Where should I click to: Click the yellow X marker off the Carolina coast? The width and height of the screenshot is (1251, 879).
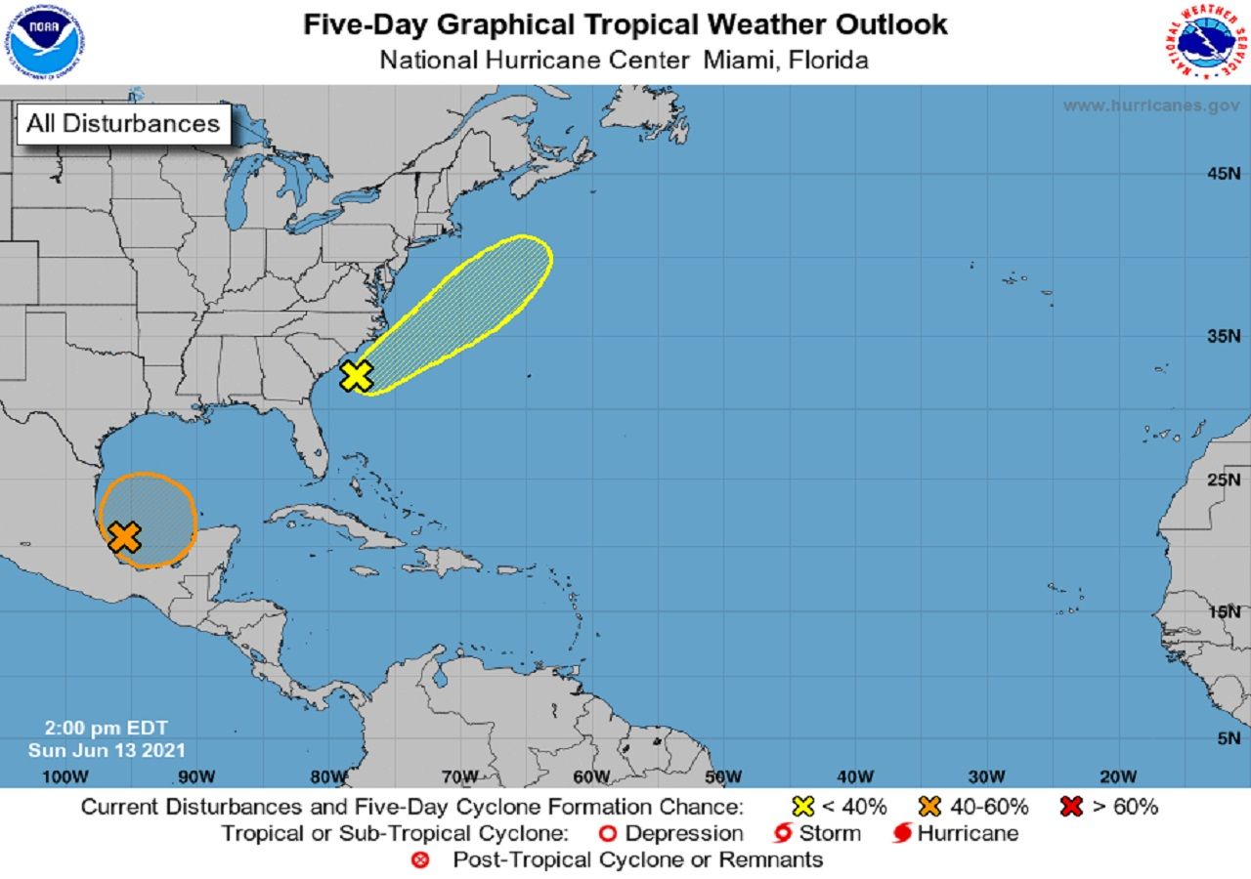click(357, 375)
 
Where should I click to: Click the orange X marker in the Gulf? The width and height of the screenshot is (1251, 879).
click(124, 536)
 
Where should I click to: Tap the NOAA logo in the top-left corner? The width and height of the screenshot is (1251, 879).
click(42, 41)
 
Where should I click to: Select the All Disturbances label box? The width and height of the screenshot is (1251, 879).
click(123, 124)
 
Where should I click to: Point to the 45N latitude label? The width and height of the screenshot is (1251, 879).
click(1222, 174)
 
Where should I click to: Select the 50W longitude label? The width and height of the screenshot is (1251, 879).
click(723, 776)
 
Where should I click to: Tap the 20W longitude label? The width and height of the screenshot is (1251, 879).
click(1118, 776)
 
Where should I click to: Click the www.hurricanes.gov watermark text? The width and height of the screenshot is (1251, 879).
click(1151, 105)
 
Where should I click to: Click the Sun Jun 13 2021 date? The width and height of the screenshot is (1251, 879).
click(107, 750)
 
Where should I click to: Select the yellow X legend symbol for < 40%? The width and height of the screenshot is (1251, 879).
click(803, 807)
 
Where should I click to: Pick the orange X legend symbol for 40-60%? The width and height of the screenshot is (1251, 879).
click(929, 807)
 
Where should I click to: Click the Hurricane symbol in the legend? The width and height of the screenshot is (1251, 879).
click(903, 834)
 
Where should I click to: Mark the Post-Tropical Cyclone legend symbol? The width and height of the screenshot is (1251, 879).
click(420, 860)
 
